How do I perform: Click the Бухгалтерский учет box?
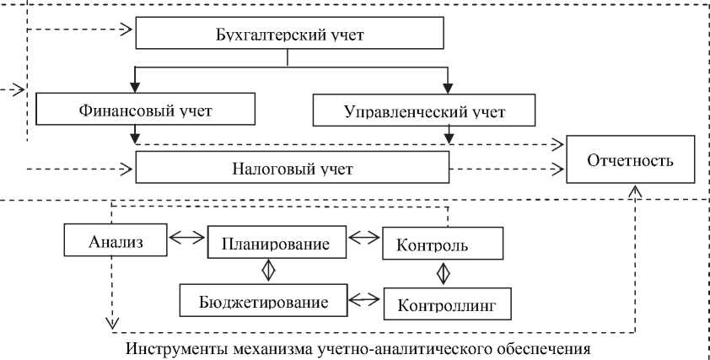pos(289,34)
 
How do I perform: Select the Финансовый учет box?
pos(145,110)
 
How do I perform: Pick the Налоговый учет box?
pos(291,167)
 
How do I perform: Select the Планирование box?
pos(277,242)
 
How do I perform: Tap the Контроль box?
pos(443,244)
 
